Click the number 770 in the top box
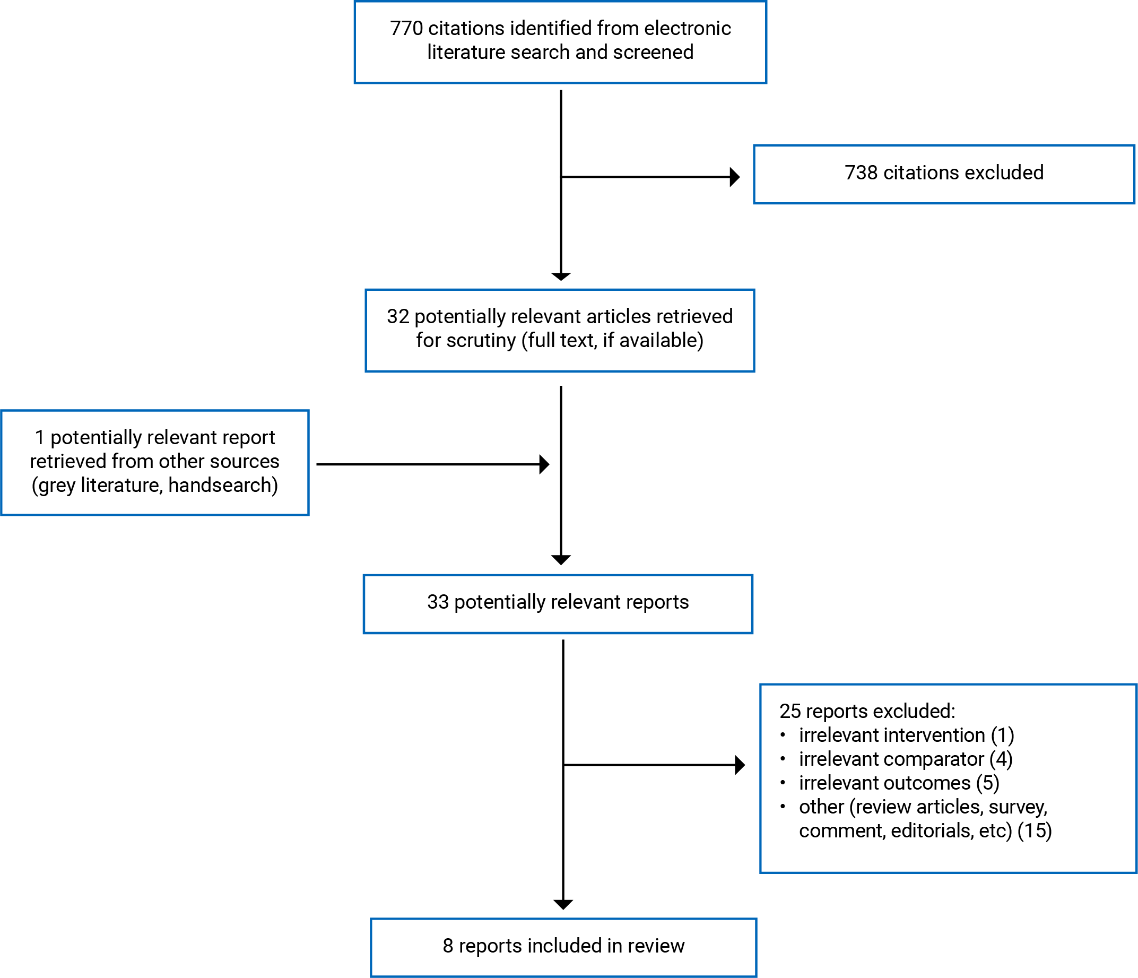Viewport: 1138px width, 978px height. (x=406, y=28)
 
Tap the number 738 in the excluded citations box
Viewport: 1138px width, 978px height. (x=861, y=172)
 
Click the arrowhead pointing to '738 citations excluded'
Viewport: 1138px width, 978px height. (x=735, y=177)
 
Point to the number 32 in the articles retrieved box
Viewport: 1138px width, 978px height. (x=398, y=316)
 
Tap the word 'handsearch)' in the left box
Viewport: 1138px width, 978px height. (x=223, y=485)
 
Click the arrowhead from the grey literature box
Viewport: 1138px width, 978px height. (x=544, y=464)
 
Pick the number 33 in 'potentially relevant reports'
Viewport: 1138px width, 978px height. (x=438, y=602)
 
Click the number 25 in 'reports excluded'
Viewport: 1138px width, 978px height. (x=790, y=711)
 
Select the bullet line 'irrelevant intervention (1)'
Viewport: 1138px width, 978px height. (x=906, y=735)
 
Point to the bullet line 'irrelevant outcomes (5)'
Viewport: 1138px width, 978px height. (x=899, y=783)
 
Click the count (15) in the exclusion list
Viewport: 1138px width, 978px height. (x=1035, y=831)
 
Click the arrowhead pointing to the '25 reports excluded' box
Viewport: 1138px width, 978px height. (x=740, y=765)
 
